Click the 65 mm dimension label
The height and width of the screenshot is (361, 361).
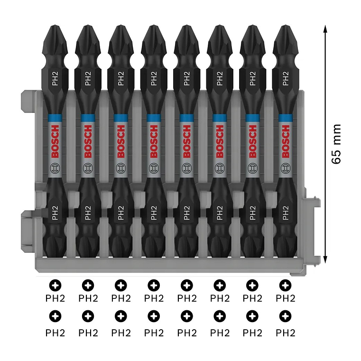coord(336,144)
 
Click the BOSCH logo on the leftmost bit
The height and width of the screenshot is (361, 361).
coord(55,141)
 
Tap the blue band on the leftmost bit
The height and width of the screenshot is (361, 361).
coord(55,117)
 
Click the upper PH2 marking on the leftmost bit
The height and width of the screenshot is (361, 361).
coord(55,78)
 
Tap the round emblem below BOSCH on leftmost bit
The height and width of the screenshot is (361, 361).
coord(55,167)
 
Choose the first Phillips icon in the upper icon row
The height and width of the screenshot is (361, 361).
coord(55,285)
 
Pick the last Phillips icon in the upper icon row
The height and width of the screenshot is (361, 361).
coord(285,285)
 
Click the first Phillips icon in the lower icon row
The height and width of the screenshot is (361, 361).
coord(55,316)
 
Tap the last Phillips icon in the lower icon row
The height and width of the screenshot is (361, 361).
coord(285,316)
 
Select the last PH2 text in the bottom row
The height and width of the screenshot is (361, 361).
coord(285,333)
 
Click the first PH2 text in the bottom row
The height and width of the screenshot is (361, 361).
coord(55,333)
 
